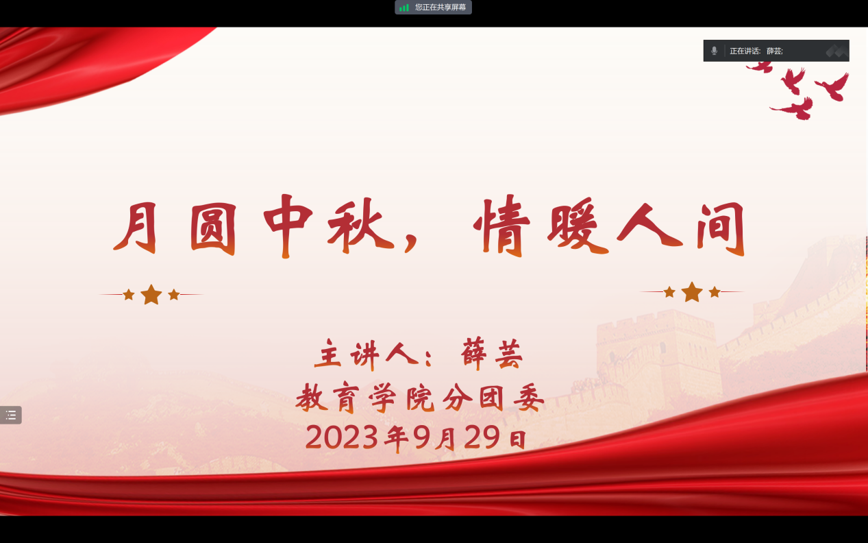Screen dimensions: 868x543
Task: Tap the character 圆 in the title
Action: pyautogui.click(x=213, y=229)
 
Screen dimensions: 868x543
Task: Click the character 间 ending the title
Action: pyautogui.click(x=721, y=229)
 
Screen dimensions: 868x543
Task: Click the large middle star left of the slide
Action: pyautogui.click(x=151, y=294)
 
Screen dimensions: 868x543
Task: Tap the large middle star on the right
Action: pyautogui.click(x=692, y=291)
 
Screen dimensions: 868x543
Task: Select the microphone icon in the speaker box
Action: pyautogui.click(x=714, y=51)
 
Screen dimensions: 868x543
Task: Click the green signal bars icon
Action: pyautogui.click(x=404, y=8)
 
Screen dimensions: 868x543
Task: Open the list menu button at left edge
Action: pyautogui.click(x=11, y=415)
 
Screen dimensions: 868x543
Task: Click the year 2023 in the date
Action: pyautogui.click(x=341, y=437)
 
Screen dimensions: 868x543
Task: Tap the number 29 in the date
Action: pyautogui.click(x=482, y=437)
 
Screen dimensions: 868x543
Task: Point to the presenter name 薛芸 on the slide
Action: pyautogui.click(x=492, y=354)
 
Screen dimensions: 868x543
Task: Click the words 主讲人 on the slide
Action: pyautogui.click(x=367, y=354)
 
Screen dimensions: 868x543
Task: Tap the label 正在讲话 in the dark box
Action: pyautogui.click(x=745, y=51)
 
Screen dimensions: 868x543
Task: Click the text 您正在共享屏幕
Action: pyautogui.click(x=441, y=8)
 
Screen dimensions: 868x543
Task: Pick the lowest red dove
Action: pyautogui.click(x=793, y=108)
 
